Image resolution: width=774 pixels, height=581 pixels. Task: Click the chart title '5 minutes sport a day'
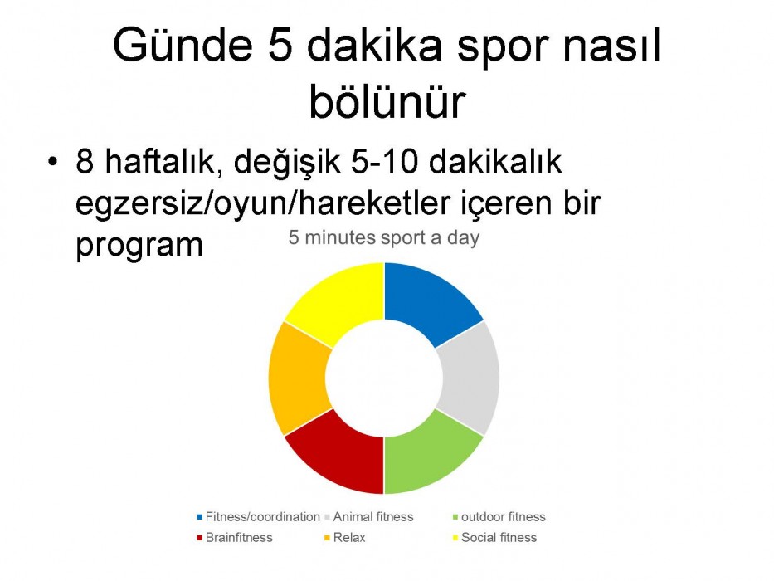point(384,237)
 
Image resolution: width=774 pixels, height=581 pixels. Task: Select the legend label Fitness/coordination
point(263,517)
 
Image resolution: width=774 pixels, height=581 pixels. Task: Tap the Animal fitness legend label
point(373,517)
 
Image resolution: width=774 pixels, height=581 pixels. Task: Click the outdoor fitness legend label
point(503,517)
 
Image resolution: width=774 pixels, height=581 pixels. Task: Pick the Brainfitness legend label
point(239,538)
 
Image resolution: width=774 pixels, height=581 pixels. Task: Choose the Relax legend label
point(349,538)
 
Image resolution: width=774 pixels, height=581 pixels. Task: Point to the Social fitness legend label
point(499,538)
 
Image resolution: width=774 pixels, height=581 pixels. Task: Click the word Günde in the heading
point(183,45)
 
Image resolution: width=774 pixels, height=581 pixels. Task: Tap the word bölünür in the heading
point(387,101)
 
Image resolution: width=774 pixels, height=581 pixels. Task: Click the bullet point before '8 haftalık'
point(53,162)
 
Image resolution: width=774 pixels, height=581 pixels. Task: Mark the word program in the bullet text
point(139,247)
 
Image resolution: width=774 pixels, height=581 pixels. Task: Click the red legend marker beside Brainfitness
point(199,538)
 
